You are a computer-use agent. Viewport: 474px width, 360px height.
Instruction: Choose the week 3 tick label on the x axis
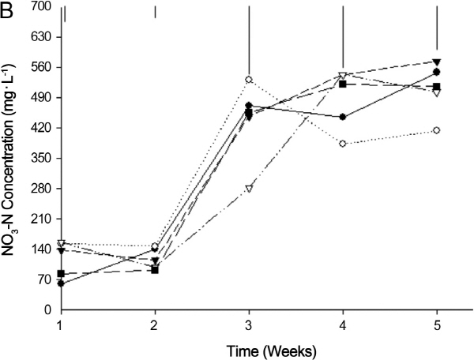pyautogui.click(x=249, y=324)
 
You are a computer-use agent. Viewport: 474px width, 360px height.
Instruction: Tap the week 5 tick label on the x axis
pyautogui.click(x=437, y=324)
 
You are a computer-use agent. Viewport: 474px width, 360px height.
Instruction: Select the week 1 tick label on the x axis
pyautogui.click(x=61, y=324)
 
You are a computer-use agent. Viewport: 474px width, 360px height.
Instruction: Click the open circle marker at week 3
pyautogui.click(x=249, y=80)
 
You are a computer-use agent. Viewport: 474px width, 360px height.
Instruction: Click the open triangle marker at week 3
pyautogui.click(x=249, y=189)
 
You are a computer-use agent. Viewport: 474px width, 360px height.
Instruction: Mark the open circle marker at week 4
pyautogui.click(x=343, y=143)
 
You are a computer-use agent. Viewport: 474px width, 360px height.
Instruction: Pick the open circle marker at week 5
pyautogui.click(x=437, y=129)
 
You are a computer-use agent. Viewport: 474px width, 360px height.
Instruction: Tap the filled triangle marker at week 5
pyautogui.click(x=437, y=62)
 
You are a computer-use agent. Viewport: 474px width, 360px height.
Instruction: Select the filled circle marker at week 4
pyautogui.click(x=343, y=117)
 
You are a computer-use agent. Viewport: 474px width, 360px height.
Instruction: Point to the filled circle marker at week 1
pyautogui.click(x=61, y=283)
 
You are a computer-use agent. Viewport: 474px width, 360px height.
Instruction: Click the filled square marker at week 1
pyautogui.click(x=61, y=274)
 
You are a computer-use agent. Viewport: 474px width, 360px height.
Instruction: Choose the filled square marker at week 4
pyautogui.click(x=343, y=83)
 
